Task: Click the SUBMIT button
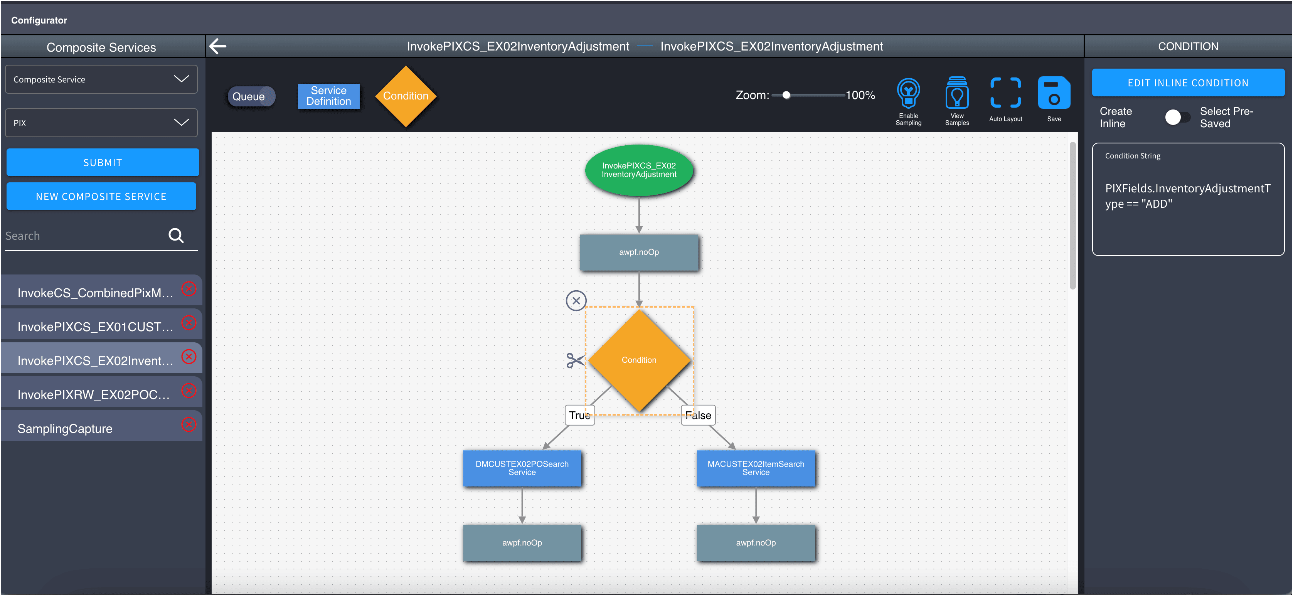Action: tap(103, 162)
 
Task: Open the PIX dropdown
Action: tap(101, 123)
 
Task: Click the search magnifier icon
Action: tap(176, 235)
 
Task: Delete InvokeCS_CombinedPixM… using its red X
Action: tap(189, 289)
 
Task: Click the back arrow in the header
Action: tap(218, 46)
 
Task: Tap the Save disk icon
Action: tap(1054, 93)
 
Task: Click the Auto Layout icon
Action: tap(1005, 93)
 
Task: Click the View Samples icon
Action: tap(957, 93)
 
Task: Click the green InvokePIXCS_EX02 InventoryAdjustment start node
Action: tap(639, 170)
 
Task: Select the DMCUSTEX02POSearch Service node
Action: tap(522, 468)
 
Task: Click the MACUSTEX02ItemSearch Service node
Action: tap(756, 468)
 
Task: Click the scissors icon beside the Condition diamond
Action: tap(575, 360)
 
